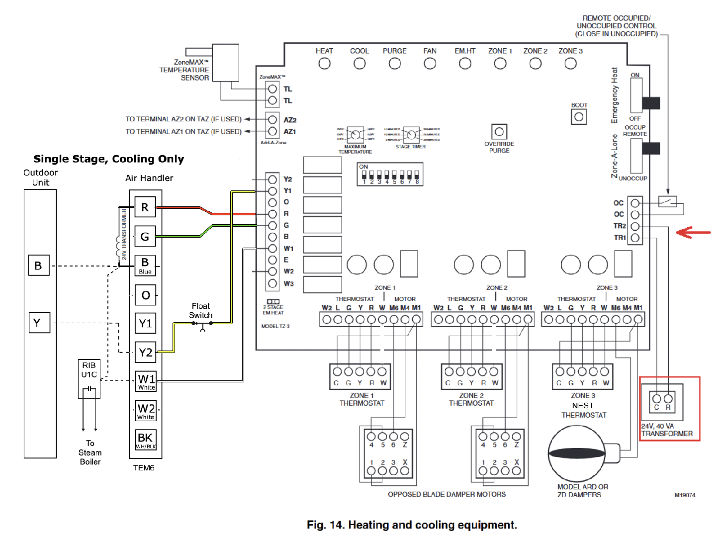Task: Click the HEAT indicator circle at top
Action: (324, 64)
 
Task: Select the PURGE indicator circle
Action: (395, 64)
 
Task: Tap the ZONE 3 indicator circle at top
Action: (570, 64)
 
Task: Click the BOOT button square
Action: (579, 117)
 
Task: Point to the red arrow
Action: (693, 232)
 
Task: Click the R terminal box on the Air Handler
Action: (145, 207)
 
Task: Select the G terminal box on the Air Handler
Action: (145, 237)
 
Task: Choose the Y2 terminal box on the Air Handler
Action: (145, 353)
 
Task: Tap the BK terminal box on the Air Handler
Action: (146, 439)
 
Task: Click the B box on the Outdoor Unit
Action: (38, 266)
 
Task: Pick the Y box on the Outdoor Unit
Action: (38, 323)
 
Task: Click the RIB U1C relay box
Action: (90, 378)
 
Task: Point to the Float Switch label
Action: (201, 311)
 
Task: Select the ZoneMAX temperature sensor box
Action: (225, 62)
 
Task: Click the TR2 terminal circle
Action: (635, 226)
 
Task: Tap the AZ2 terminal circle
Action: (272, 120)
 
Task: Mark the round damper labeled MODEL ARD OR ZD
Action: (577, 453)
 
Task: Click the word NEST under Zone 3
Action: (582, 406)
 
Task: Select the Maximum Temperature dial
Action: (355, 135)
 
